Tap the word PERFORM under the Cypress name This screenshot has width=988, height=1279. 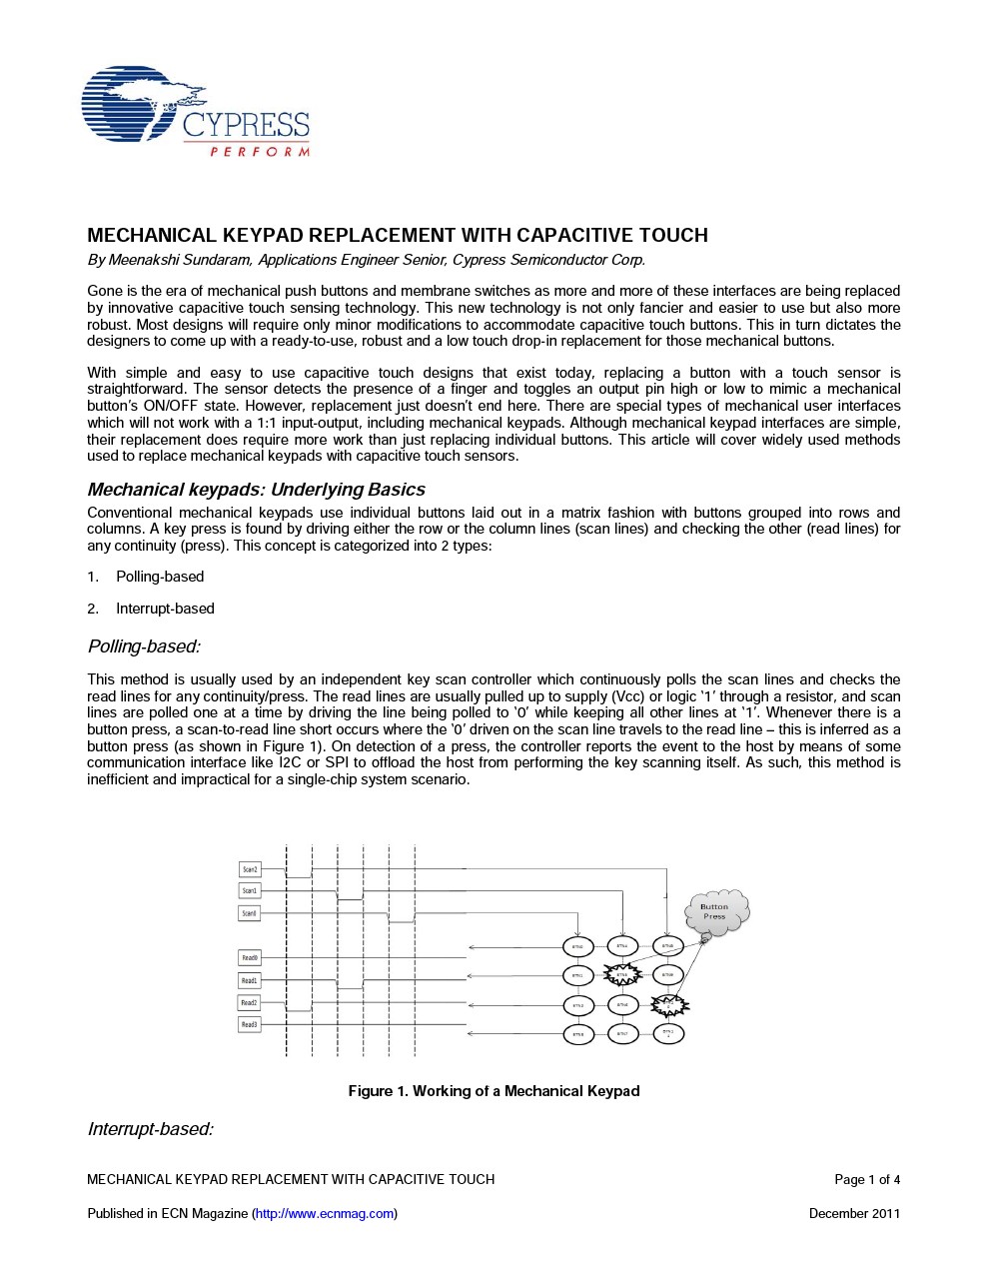260,152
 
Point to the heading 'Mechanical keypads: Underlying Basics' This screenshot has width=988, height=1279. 256,490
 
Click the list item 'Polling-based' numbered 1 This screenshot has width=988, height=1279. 160,577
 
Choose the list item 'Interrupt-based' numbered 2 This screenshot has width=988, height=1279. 165,609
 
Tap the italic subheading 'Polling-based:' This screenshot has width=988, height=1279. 144,646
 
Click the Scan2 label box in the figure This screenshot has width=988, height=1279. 250,869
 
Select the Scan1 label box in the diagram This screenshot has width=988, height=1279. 250,890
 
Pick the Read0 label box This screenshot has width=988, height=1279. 250,957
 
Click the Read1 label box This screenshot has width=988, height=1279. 250,980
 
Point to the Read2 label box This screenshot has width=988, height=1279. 250,1002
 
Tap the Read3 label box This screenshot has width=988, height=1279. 250,1024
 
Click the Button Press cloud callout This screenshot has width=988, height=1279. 715,911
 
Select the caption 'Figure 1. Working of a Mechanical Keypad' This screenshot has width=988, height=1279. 494,1091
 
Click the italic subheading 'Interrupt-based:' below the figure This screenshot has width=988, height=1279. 150,1129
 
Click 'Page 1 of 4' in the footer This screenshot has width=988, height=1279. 867,1180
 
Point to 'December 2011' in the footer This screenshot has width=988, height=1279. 854,1214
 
